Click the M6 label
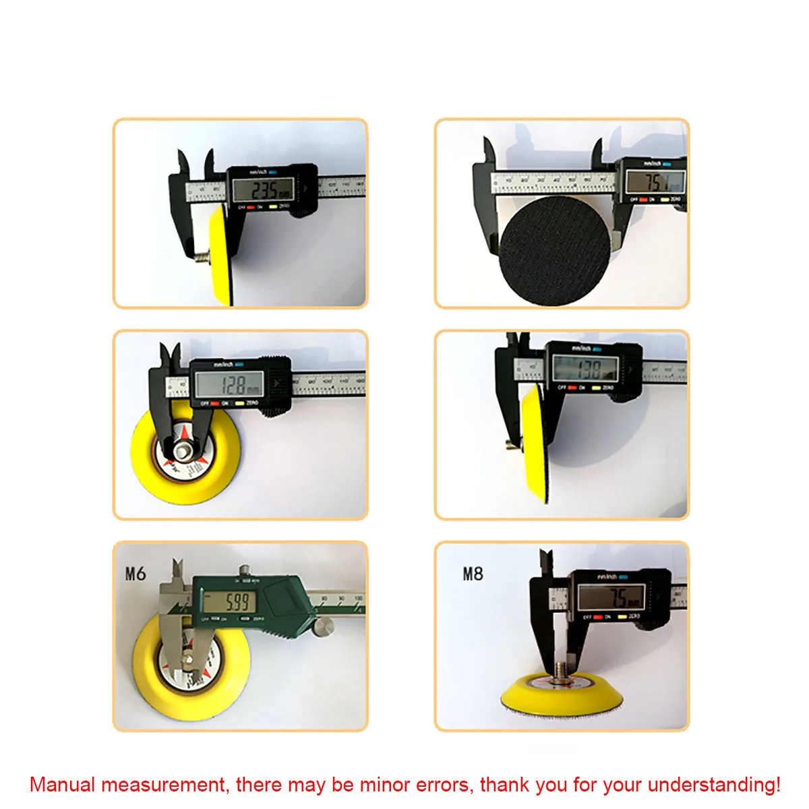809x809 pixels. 136,574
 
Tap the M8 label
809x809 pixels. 473,574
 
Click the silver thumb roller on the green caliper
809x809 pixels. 324,625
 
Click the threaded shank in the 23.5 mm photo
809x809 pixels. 201,257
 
